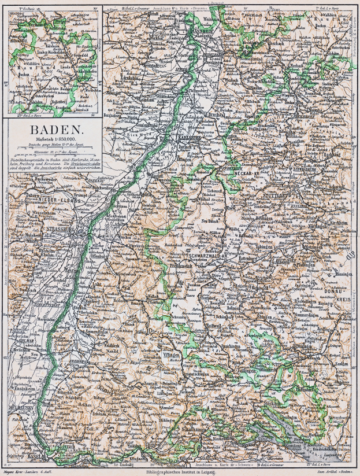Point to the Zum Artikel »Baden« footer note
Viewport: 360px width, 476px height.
coord(335,472)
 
